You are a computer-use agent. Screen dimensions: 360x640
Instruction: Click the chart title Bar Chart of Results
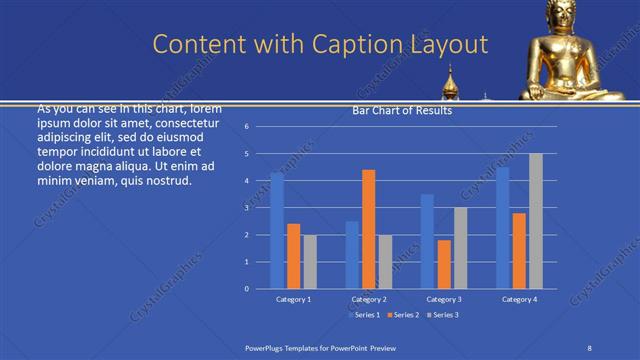point(403,111)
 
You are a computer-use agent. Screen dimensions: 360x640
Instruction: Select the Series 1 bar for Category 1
point(277,231)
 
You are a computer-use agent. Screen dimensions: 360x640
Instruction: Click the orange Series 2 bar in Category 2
point(368,229)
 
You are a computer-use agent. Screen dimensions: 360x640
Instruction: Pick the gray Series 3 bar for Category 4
point(535,221)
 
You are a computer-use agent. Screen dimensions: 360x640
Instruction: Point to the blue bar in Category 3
point(427,241)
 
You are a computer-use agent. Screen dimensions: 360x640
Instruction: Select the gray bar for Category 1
point(309,261)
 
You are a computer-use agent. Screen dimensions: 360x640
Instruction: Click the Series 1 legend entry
point(366,315)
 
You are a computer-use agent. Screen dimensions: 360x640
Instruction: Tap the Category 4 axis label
point(519,299)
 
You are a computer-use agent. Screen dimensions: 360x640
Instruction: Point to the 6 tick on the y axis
point(260,127)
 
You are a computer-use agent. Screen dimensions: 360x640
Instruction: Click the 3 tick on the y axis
point(260,208)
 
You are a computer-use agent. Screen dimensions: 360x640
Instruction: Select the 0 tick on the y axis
point(260,289)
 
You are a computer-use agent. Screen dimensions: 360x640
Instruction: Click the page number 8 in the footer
point(589,345)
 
